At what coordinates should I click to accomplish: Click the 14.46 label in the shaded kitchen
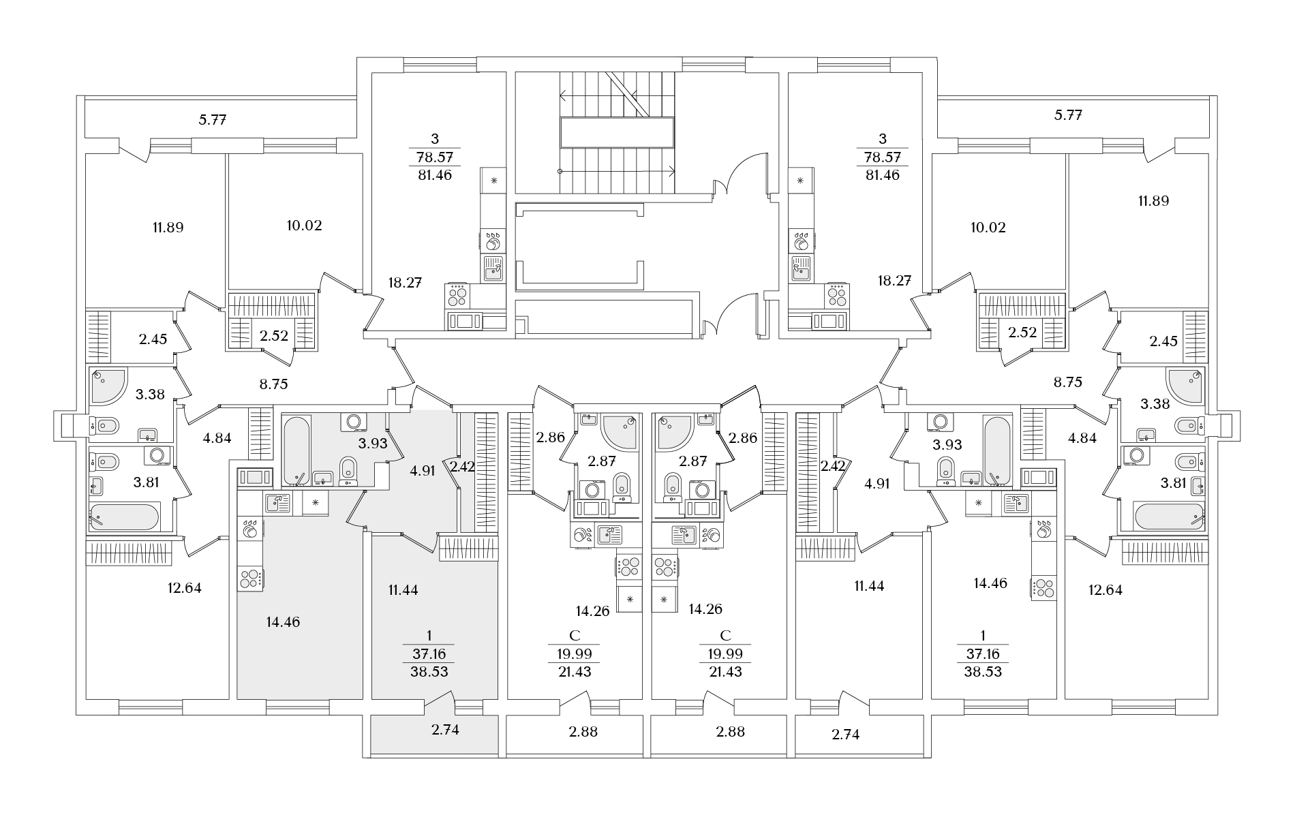pos(283,622)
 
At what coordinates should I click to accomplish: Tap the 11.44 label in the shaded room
pos(403,590)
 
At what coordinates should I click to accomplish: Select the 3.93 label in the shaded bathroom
pos(373,444)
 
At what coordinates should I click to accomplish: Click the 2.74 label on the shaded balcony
pos(446,730)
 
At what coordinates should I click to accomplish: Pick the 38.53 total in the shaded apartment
pos(429,671)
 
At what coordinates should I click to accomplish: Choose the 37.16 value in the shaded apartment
pos(429,654)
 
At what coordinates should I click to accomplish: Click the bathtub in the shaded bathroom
pos(296,450)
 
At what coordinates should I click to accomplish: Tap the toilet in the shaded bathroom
pos(348,470)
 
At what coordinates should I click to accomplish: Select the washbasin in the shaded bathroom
pos(322,478)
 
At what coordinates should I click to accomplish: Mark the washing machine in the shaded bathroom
pos(353,422)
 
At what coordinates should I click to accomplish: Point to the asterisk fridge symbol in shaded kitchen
pos(315,503)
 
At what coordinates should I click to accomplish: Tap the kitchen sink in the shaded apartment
pos(278,503)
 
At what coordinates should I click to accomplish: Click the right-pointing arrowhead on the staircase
pos(670,170)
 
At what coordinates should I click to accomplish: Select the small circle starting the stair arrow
pos(560,170)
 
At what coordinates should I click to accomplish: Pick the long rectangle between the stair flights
pos(618,132)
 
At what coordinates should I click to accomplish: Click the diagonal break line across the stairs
pos(628,93)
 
